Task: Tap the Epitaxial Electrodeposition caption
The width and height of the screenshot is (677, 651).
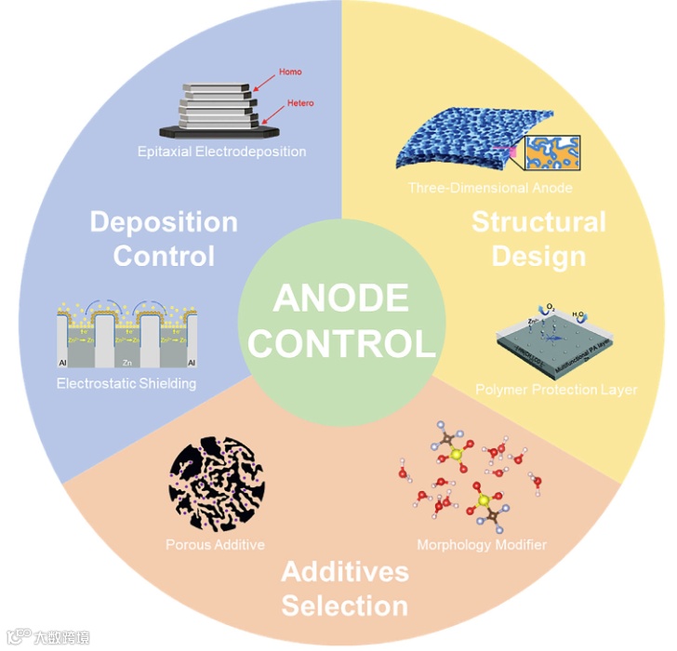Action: (221, 151)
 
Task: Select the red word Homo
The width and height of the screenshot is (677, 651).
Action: (290, 72)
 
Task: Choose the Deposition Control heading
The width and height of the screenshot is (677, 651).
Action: (164, 238)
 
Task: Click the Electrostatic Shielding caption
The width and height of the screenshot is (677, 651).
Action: (126, 383)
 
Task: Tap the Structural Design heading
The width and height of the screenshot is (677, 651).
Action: (538, 238)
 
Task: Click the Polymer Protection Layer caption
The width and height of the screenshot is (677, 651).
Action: (556, 389)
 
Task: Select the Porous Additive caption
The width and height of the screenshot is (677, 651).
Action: (215, 544)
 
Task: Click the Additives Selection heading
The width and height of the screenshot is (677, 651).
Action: (345, 589)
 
